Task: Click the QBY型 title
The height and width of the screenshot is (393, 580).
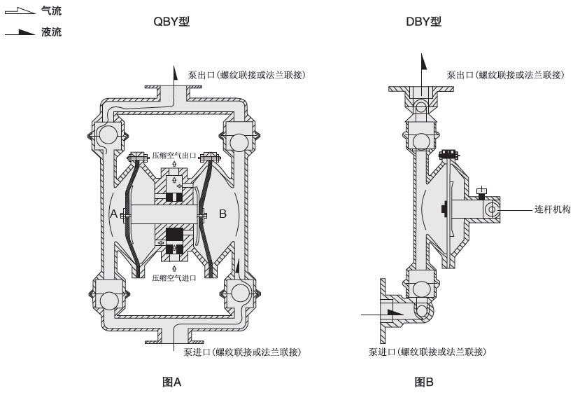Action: (x=171, y=22)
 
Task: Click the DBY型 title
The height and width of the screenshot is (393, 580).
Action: (x=423, y=22)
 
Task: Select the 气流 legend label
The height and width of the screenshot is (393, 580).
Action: (x=51, y=12)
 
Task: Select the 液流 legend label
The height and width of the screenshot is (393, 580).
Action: (x=51, y=32)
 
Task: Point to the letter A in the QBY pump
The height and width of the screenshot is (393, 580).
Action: (x=113, y=214)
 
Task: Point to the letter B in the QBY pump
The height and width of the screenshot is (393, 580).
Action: (x=222, y=214)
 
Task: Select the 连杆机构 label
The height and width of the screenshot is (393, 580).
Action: (x=552, y=209)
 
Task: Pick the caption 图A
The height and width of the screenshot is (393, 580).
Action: (x=171, y=382)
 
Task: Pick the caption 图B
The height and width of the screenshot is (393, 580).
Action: (x=424, y=382)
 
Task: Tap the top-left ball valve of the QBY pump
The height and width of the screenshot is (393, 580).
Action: (x=108, y=133)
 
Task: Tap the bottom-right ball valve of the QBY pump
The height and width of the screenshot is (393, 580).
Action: (x=238, y=293)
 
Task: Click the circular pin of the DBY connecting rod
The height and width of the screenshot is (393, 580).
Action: (x=492, y=209)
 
